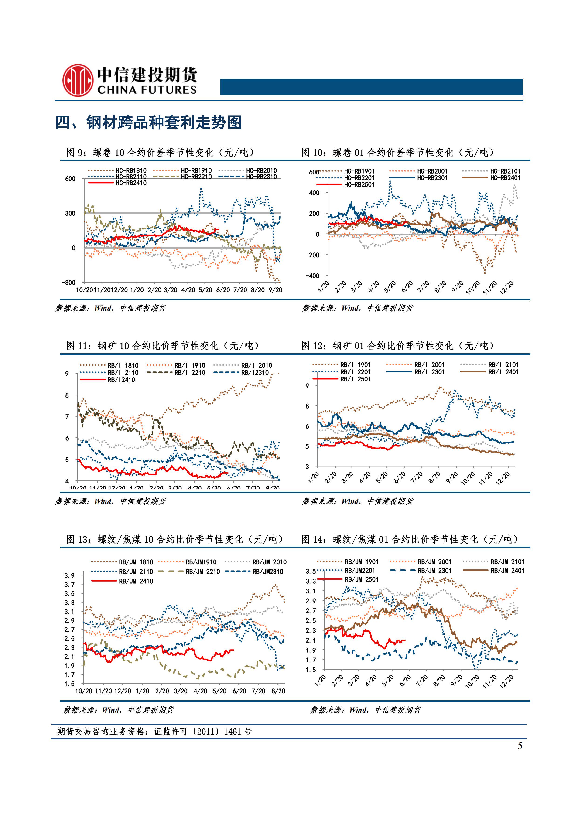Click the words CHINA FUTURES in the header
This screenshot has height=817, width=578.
(147, 90)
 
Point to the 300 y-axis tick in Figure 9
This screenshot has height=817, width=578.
(70, 213)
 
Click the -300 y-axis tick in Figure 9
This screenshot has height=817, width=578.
(68, 283)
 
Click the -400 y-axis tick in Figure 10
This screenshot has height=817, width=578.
(312, 276)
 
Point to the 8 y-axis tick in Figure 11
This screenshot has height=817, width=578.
(67, 395)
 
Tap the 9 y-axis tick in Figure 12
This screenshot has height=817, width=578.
(307, 386)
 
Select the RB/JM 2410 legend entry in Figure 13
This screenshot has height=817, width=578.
(136, 581)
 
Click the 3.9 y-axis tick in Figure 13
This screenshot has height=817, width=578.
(69, 576)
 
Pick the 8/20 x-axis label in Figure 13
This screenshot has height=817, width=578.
(278, 691)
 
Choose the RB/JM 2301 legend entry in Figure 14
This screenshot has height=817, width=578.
(434, 570)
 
